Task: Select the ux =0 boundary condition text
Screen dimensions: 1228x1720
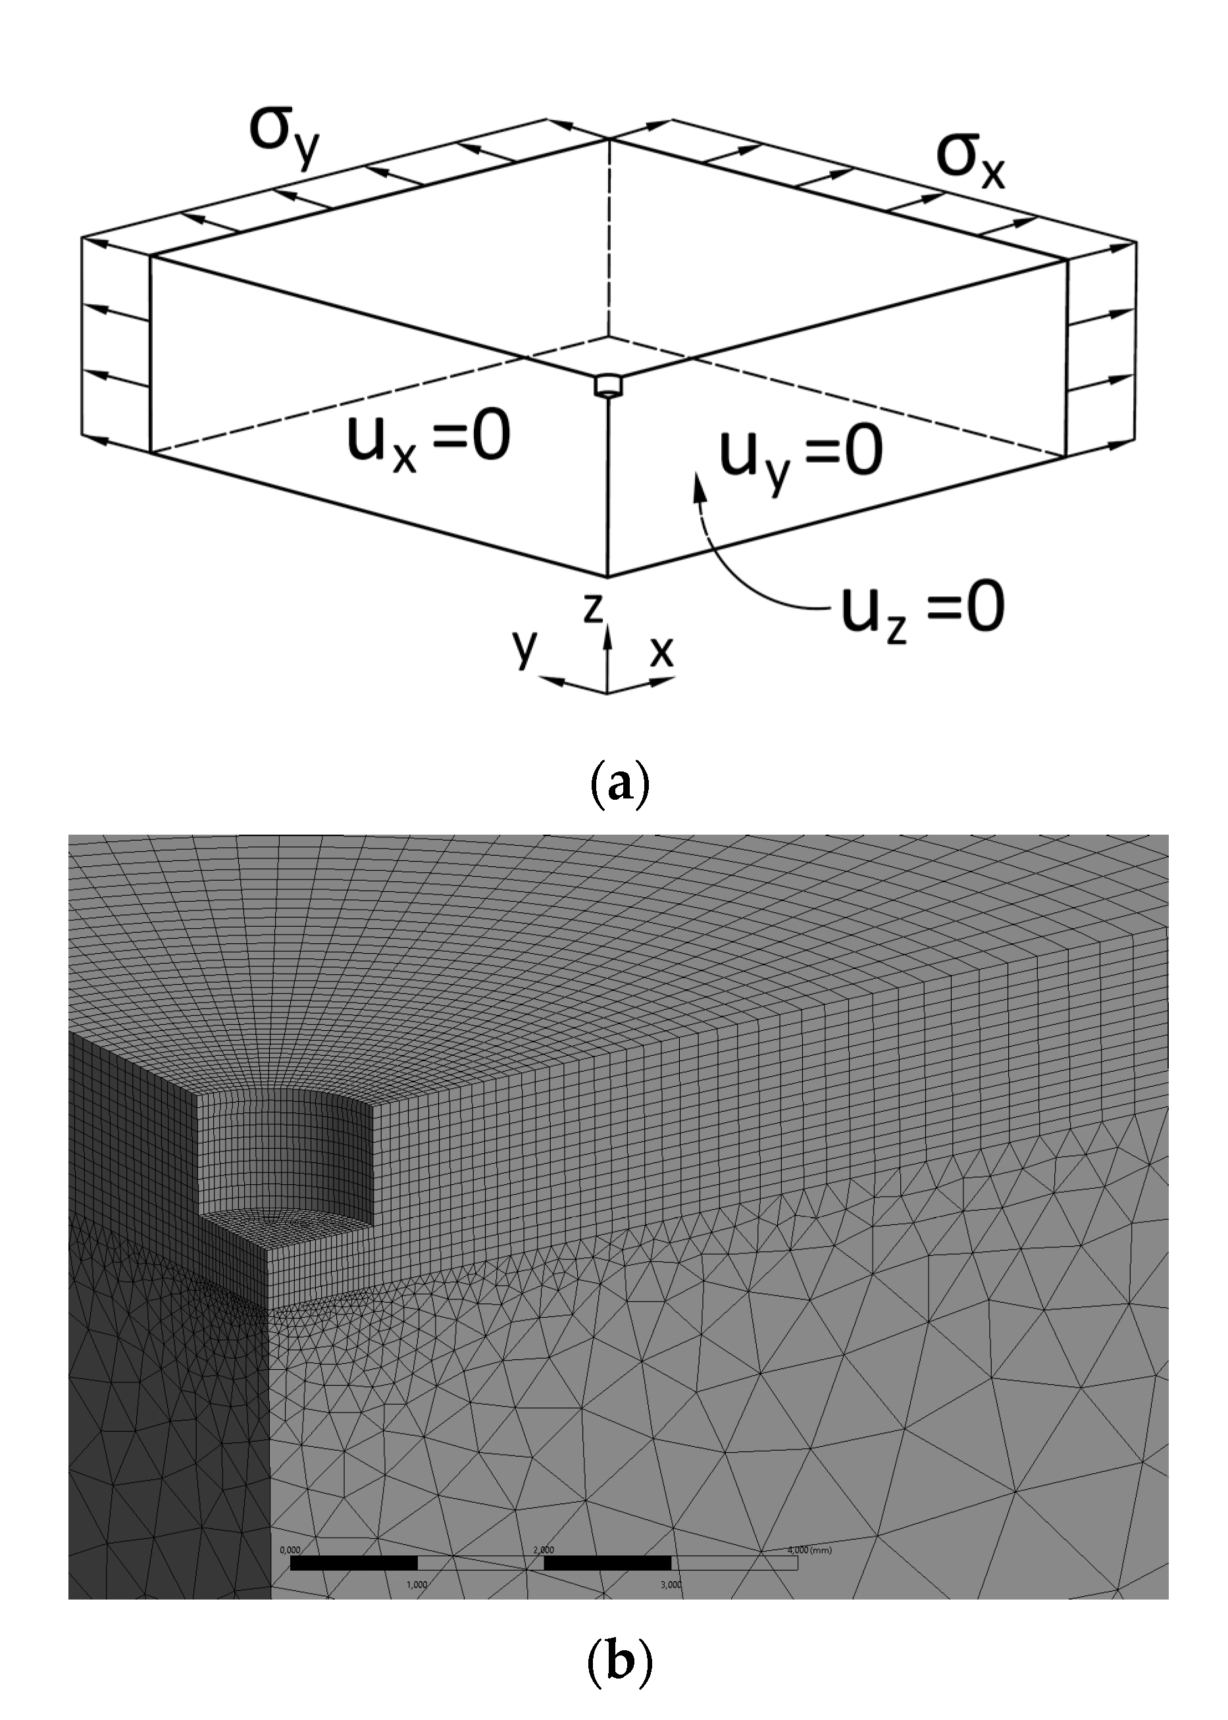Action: click(x=428, y=442)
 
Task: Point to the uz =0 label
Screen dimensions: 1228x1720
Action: click(x=923, y=611)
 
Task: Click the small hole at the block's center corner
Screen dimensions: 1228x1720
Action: click(x=608, y=385)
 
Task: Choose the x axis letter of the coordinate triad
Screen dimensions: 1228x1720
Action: click(x=661, y=650)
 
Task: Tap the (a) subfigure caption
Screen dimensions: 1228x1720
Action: click(x=619, y=786)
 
